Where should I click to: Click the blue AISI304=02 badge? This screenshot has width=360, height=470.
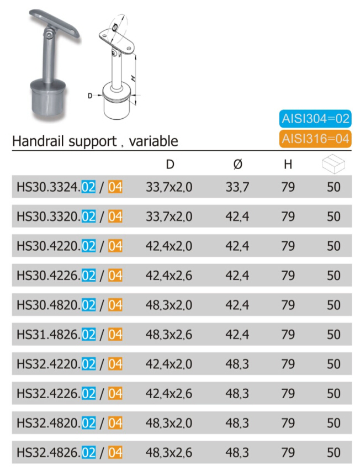[316, 119]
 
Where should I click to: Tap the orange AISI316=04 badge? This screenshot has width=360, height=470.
[316, 138]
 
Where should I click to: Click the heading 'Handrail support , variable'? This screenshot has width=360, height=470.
[95, 141]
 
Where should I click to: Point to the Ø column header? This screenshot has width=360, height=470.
[237, 165]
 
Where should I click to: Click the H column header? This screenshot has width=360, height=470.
[288, 165]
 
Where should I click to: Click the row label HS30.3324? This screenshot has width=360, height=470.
[48, 187]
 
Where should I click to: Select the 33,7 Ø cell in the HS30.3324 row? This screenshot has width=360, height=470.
[237, 187]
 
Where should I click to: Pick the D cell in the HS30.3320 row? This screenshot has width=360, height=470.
[169, 216]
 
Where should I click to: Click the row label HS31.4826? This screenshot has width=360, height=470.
[48, 334]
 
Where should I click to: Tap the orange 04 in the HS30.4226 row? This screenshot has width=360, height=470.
[115, 276]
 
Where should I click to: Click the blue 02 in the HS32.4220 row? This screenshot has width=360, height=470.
[88, 364]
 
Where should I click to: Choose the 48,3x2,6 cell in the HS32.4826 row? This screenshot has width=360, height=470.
[169, 452]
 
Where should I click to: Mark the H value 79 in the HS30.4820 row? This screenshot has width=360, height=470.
[288, 305]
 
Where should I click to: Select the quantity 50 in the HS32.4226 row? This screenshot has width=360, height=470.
[333, 393]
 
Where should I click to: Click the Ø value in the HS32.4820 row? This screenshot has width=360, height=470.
[237, 423]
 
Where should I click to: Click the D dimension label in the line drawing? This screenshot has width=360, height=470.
[90, 95]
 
